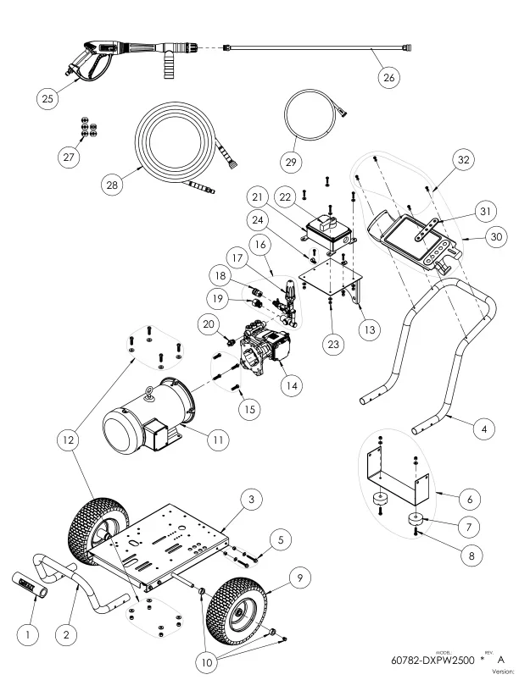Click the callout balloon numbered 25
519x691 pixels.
point(47,98)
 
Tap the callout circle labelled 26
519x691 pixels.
point(388,78)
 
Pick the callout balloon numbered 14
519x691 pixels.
point(292,385)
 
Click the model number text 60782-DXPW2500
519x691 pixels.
point(432,660)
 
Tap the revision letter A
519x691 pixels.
point(500,660)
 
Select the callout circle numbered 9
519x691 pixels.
point(300,578)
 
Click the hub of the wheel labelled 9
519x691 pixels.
point(240,613)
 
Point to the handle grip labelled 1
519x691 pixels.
point(30,585)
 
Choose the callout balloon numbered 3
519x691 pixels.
point(252,500)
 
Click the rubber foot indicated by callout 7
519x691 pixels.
point(416,519)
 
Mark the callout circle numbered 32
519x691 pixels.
point(463,159)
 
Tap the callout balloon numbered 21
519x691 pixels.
point(257,197)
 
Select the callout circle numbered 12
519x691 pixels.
point(69,439)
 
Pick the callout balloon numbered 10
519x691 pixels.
point(207,662)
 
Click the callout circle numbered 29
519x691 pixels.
point(291,163)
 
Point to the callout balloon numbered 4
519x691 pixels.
point(484,428)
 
